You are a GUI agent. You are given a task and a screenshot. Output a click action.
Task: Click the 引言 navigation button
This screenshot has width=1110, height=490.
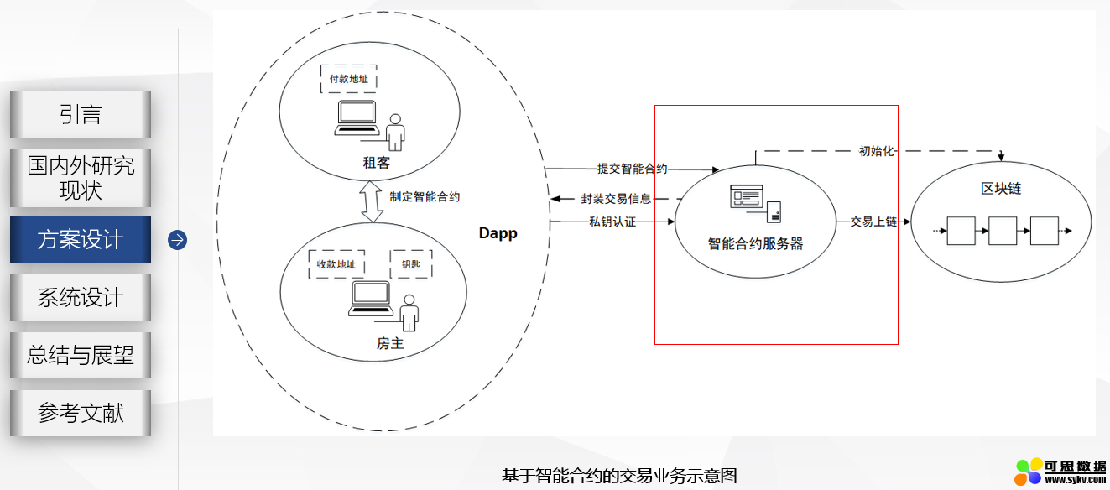pos(81,114)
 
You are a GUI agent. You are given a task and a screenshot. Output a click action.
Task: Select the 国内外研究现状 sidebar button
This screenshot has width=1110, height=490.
pos(81,178)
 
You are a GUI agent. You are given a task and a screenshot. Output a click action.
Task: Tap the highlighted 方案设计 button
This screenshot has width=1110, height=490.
pos(81,240)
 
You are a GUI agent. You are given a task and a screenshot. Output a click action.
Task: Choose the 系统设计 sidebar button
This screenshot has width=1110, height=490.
pos(81,297)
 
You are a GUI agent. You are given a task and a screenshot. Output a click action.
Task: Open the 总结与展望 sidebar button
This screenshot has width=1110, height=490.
pos(81,355)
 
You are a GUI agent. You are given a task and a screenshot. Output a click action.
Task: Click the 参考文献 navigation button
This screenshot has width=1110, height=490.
pos(81,413)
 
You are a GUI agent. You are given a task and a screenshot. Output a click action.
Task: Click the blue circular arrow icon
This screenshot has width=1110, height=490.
pos(177,240)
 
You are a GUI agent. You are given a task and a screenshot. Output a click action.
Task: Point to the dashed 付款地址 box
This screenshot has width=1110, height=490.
pos(348,79)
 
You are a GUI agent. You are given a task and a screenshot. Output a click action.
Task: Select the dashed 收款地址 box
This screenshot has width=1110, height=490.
pos(336,264)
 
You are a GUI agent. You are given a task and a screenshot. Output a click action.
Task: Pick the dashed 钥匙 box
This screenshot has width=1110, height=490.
pos(411,264)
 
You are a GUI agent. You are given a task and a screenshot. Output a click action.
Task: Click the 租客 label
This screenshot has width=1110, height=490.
pos(377,163)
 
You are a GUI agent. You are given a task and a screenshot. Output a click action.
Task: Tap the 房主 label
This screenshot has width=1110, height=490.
pos(390,343)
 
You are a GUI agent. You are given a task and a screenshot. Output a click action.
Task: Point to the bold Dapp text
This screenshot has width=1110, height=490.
pos(498,233)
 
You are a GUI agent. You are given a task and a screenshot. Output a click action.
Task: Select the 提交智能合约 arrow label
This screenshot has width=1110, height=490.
pos(632,169)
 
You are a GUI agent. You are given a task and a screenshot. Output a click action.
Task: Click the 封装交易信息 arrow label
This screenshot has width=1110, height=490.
pos(616,199)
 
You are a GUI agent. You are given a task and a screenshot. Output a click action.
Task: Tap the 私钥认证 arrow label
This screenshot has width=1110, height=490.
pos(612,222)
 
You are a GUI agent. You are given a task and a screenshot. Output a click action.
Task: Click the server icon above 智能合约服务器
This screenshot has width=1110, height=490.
pos(755,202)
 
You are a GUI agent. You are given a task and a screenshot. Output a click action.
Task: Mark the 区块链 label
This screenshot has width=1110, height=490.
pos(1001,188)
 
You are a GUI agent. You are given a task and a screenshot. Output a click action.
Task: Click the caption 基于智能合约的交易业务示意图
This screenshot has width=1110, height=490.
pos(619,476)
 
